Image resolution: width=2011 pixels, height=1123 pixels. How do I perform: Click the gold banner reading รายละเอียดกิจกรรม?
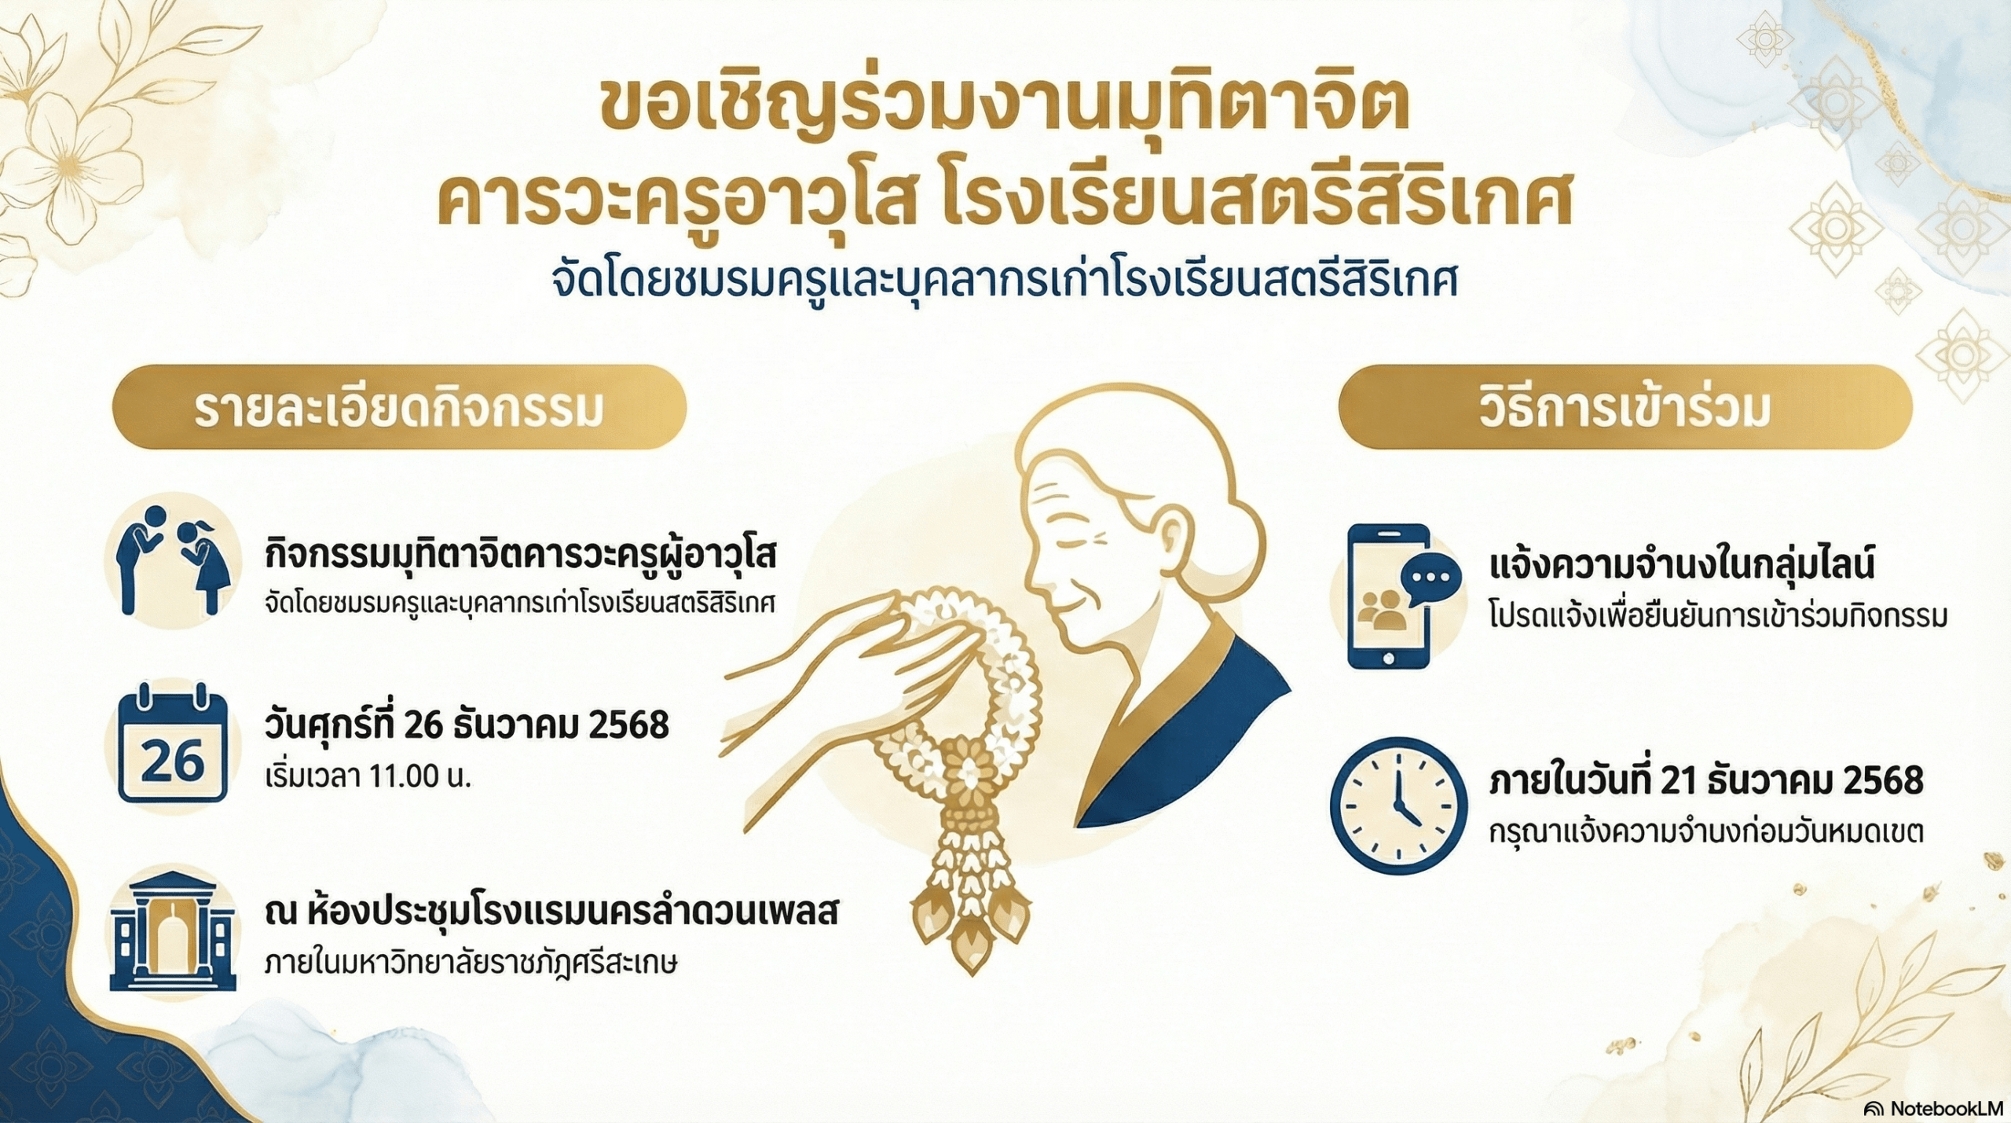coord(399,408)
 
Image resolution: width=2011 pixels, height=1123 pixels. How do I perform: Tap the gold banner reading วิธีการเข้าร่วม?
coord(1625,408)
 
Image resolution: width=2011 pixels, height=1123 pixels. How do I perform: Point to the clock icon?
coord(1398,806)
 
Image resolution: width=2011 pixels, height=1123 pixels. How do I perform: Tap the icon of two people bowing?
coord(173,559)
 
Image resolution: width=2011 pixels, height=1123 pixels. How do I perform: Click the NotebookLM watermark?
coord(1933,1108)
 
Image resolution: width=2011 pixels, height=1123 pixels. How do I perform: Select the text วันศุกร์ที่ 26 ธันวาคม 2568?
coord(467,725)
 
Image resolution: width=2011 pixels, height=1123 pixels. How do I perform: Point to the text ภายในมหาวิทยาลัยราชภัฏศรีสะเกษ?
coord(471,963)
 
